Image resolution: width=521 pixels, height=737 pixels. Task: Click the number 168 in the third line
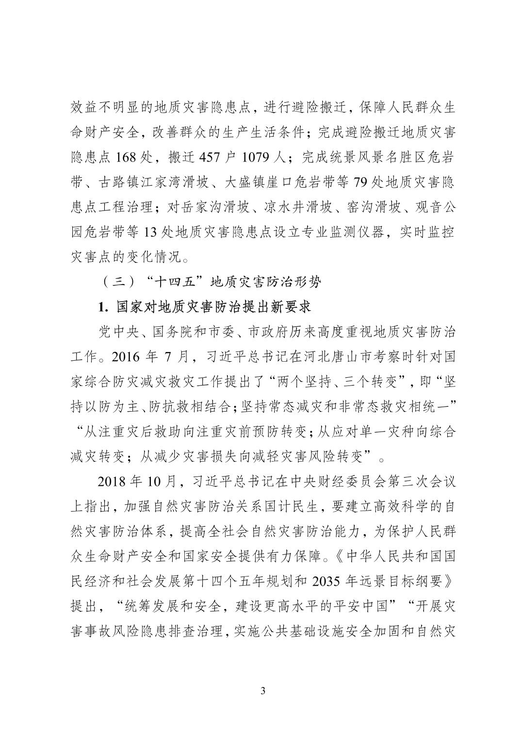coord(127,157)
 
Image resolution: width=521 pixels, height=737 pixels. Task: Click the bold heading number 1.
coord(102,307)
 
